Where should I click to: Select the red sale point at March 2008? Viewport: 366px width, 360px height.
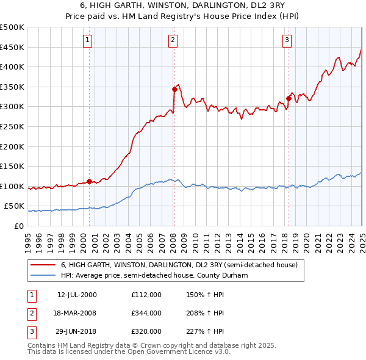[174, 89]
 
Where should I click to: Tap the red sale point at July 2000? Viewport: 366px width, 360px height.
[89, 181]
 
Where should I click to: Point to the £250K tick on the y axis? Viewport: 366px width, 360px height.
[12, 126]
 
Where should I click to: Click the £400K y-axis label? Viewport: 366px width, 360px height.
[12, 67]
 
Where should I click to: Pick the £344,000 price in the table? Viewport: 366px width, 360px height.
[146, 313]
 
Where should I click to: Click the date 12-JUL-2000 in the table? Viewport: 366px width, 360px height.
[77, 294]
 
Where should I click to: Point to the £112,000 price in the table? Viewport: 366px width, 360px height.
[146, 294]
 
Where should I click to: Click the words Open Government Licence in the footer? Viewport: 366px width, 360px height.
[179, 352]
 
